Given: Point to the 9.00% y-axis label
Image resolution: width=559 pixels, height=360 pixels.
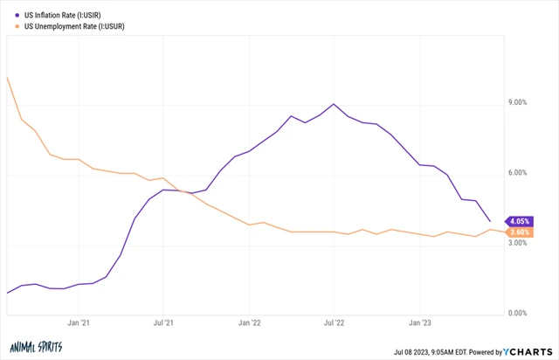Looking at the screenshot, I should pyautogui.click(x=516, y=103).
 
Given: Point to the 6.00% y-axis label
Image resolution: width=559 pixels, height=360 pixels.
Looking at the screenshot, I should pyautogui.click(x=516, y=173).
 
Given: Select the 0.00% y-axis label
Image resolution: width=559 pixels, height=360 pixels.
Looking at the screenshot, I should pyautogui.click(x=516, y=313).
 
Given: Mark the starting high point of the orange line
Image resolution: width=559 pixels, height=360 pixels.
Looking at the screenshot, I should pyautogui.click(x=8, y=77).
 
